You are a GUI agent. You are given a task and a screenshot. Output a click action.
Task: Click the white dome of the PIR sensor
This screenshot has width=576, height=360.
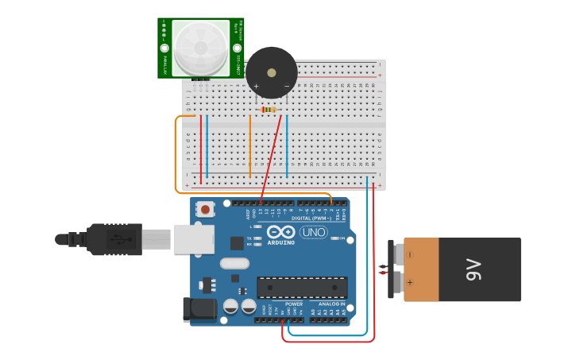[x=200, y=48]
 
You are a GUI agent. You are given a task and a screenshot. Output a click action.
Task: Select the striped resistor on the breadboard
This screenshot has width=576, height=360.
[x=269, y=109]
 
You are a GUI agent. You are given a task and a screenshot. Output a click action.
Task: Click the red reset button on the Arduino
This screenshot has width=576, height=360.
[x=206, y=211]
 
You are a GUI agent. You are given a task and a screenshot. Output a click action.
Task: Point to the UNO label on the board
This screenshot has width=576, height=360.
[x=313, y=232]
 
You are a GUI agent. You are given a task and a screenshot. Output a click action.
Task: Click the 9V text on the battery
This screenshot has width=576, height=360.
[x=474, y=270]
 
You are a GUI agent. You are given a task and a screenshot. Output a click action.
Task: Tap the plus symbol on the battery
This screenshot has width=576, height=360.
[x=411, y=282]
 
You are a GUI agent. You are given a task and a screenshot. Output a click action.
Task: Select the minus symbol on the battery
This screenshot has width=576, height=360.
[x=411, y=255]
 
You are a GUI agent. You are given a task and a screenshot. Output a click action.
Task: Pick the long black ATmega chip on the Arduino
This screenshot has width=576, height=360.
[x=302, y=288]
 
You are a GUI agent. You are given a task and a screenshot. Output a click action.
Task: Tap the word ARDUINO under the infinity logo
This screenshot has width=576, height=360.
[x=281, y=242]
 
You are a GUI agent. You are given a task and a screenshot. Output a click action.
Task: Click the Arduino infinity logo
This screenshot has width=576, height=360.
[x=281, y=232]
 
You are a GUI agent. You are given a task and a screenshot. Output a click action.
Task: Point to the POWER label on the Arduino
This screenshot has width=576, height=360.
[x=294, y=304]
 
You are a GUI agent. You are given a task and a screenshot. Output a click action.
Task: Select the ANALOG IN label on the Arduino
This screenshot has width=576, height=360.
[x=332, y=304]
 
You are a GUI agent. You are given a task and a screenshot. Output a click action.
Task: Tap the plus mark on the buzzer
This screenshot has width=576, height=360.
[x=256, y=86]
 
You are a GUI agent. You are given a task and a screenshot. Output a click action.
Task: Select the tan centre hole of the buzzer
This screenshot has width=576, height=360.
[x=272, y=73]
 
